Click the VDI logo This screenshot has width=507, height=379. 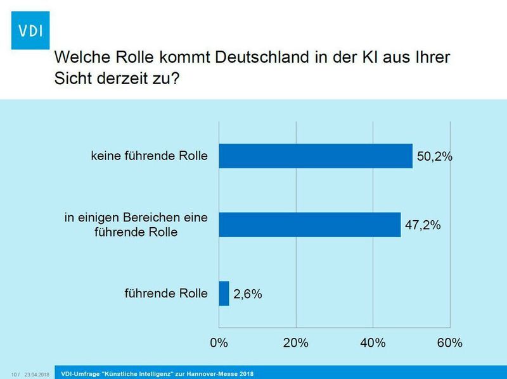[30, 30]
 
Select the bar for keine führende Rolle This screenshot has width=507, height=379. [315, 155]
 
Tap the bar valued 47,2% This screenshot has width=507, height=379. [309, 224]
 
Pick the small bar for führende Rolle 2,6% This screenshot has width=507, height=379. [224, 294]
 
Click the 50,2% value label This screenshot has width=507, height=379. [435, 156]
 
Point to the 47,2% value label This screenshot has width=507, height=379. [423, 225]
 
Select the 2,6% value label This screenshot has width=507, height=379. [248, 294]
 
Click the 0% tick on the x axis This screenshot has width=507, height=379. [219, 343]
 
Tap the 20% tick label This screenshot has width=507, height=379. [295, 343]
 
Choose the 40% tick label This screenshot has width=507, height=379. [373, 343]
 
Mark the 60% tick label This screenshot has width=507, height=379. [449, 343]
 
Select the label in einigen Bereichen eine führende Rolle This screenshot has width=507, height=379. [136, 225]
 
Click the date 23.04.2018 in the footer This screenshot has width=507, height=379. [37, 374]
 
